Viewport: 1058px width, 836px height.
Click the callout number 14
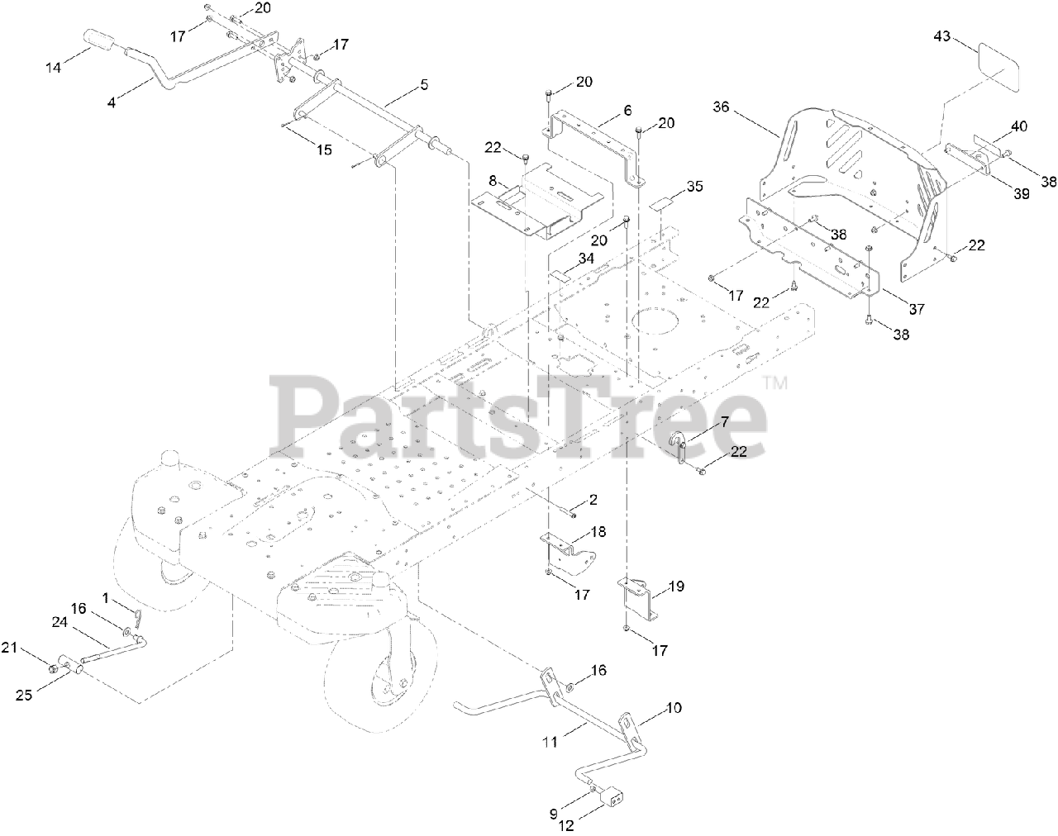coord(53,68)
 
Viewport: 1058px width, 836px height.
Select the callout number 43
coord(942,36)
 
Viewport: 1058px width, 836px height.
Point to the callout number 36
coord(722,107)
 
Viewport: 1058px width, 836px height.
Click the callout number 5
coord(424,85)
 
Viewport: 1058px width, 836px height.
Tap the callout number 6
coord(627,110)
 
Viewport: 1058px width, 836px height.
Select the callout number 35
coord(694,187)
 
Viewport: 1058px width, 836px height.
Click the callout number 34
coord(586,259)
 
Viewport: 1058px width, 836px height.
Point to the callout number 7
coord(724,422)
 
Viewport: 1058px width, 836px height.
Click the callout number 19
coord(676,587)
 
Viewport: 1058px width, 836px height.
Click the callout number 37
coord(916,309)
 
